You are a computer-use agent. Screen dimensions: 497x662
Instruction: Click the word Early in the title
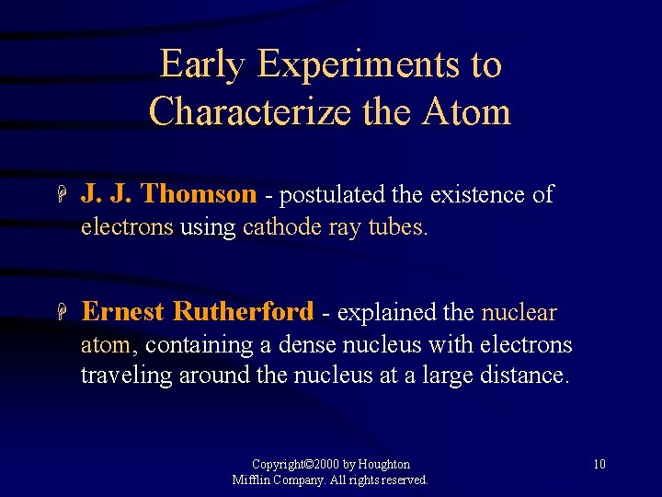coord(202,64)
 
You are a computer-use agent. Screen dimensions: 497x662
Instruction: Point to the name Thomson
coord(200,194)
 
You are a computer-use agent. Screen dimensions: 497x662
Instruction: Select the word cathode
coord(281,227)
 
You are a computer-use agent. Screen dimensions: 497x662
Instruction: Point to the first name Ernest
coord(123,312)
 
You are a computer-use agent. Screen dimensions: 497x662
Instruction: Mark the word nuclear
coord(519,313)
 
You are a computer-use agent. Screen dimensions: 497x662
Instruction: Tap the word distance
coord(524,376)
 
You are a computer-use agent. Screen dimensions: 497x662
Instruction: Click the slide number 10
coord(599,464)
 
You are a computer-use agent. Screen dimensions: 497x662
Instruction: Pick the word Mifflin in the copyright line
coord(251,480)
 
